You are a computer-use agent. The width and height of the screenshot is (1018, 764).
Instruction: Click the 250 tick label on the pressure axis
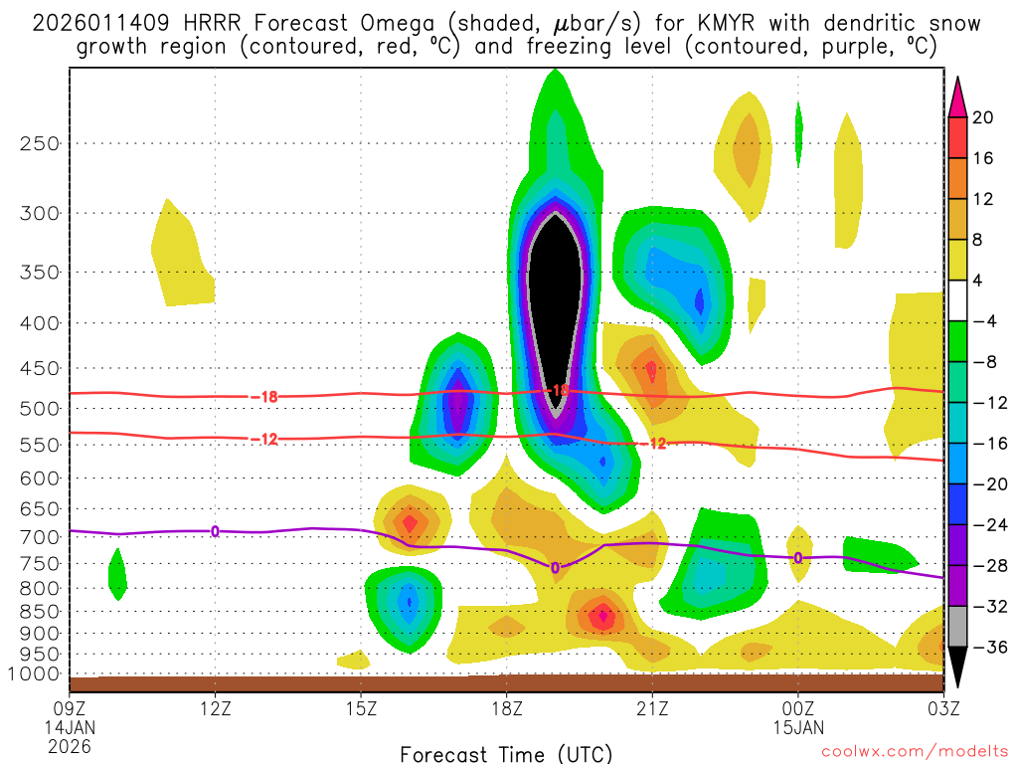tap(41, 143)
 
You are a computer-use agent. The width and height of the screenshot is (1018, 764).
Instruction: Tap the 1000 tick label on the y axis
tap(36, 674)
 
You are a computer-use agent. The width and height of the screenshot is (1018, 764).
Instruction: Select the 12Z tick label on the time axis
tap(216, 709)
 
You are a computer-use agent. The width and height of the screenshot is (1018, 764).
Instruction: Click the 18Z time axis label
tap(506, 709)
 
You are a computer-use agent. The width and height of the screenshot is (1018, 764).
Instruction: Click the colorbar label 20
tap(983, 117)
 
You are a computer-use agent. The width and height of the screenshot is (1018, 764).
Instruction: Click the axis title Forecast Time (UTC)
tap(506, 753)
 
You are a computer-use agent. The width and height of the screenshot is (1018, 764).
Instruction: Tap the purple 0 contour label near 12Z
tap(215, 532)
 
